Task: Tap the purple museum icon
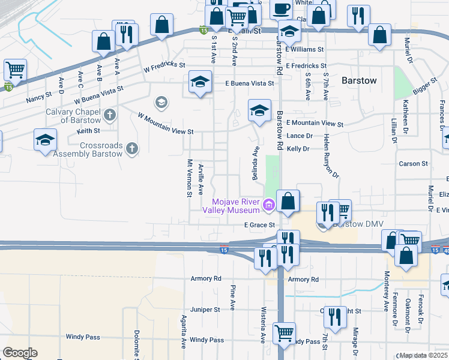coord(268,206)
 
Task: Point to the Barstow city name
coord(358,80)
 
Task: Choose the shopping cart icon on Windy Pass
coord(283,332)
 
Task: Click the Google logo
coord(19,353)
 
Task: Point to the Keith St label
coord(88,130)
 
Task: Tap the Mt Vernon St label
coord(188,177)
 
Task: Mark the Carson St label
coord(413,163)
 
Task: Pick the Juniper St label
coord(205,310)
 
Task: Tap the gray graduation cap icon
coord(160,103)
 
